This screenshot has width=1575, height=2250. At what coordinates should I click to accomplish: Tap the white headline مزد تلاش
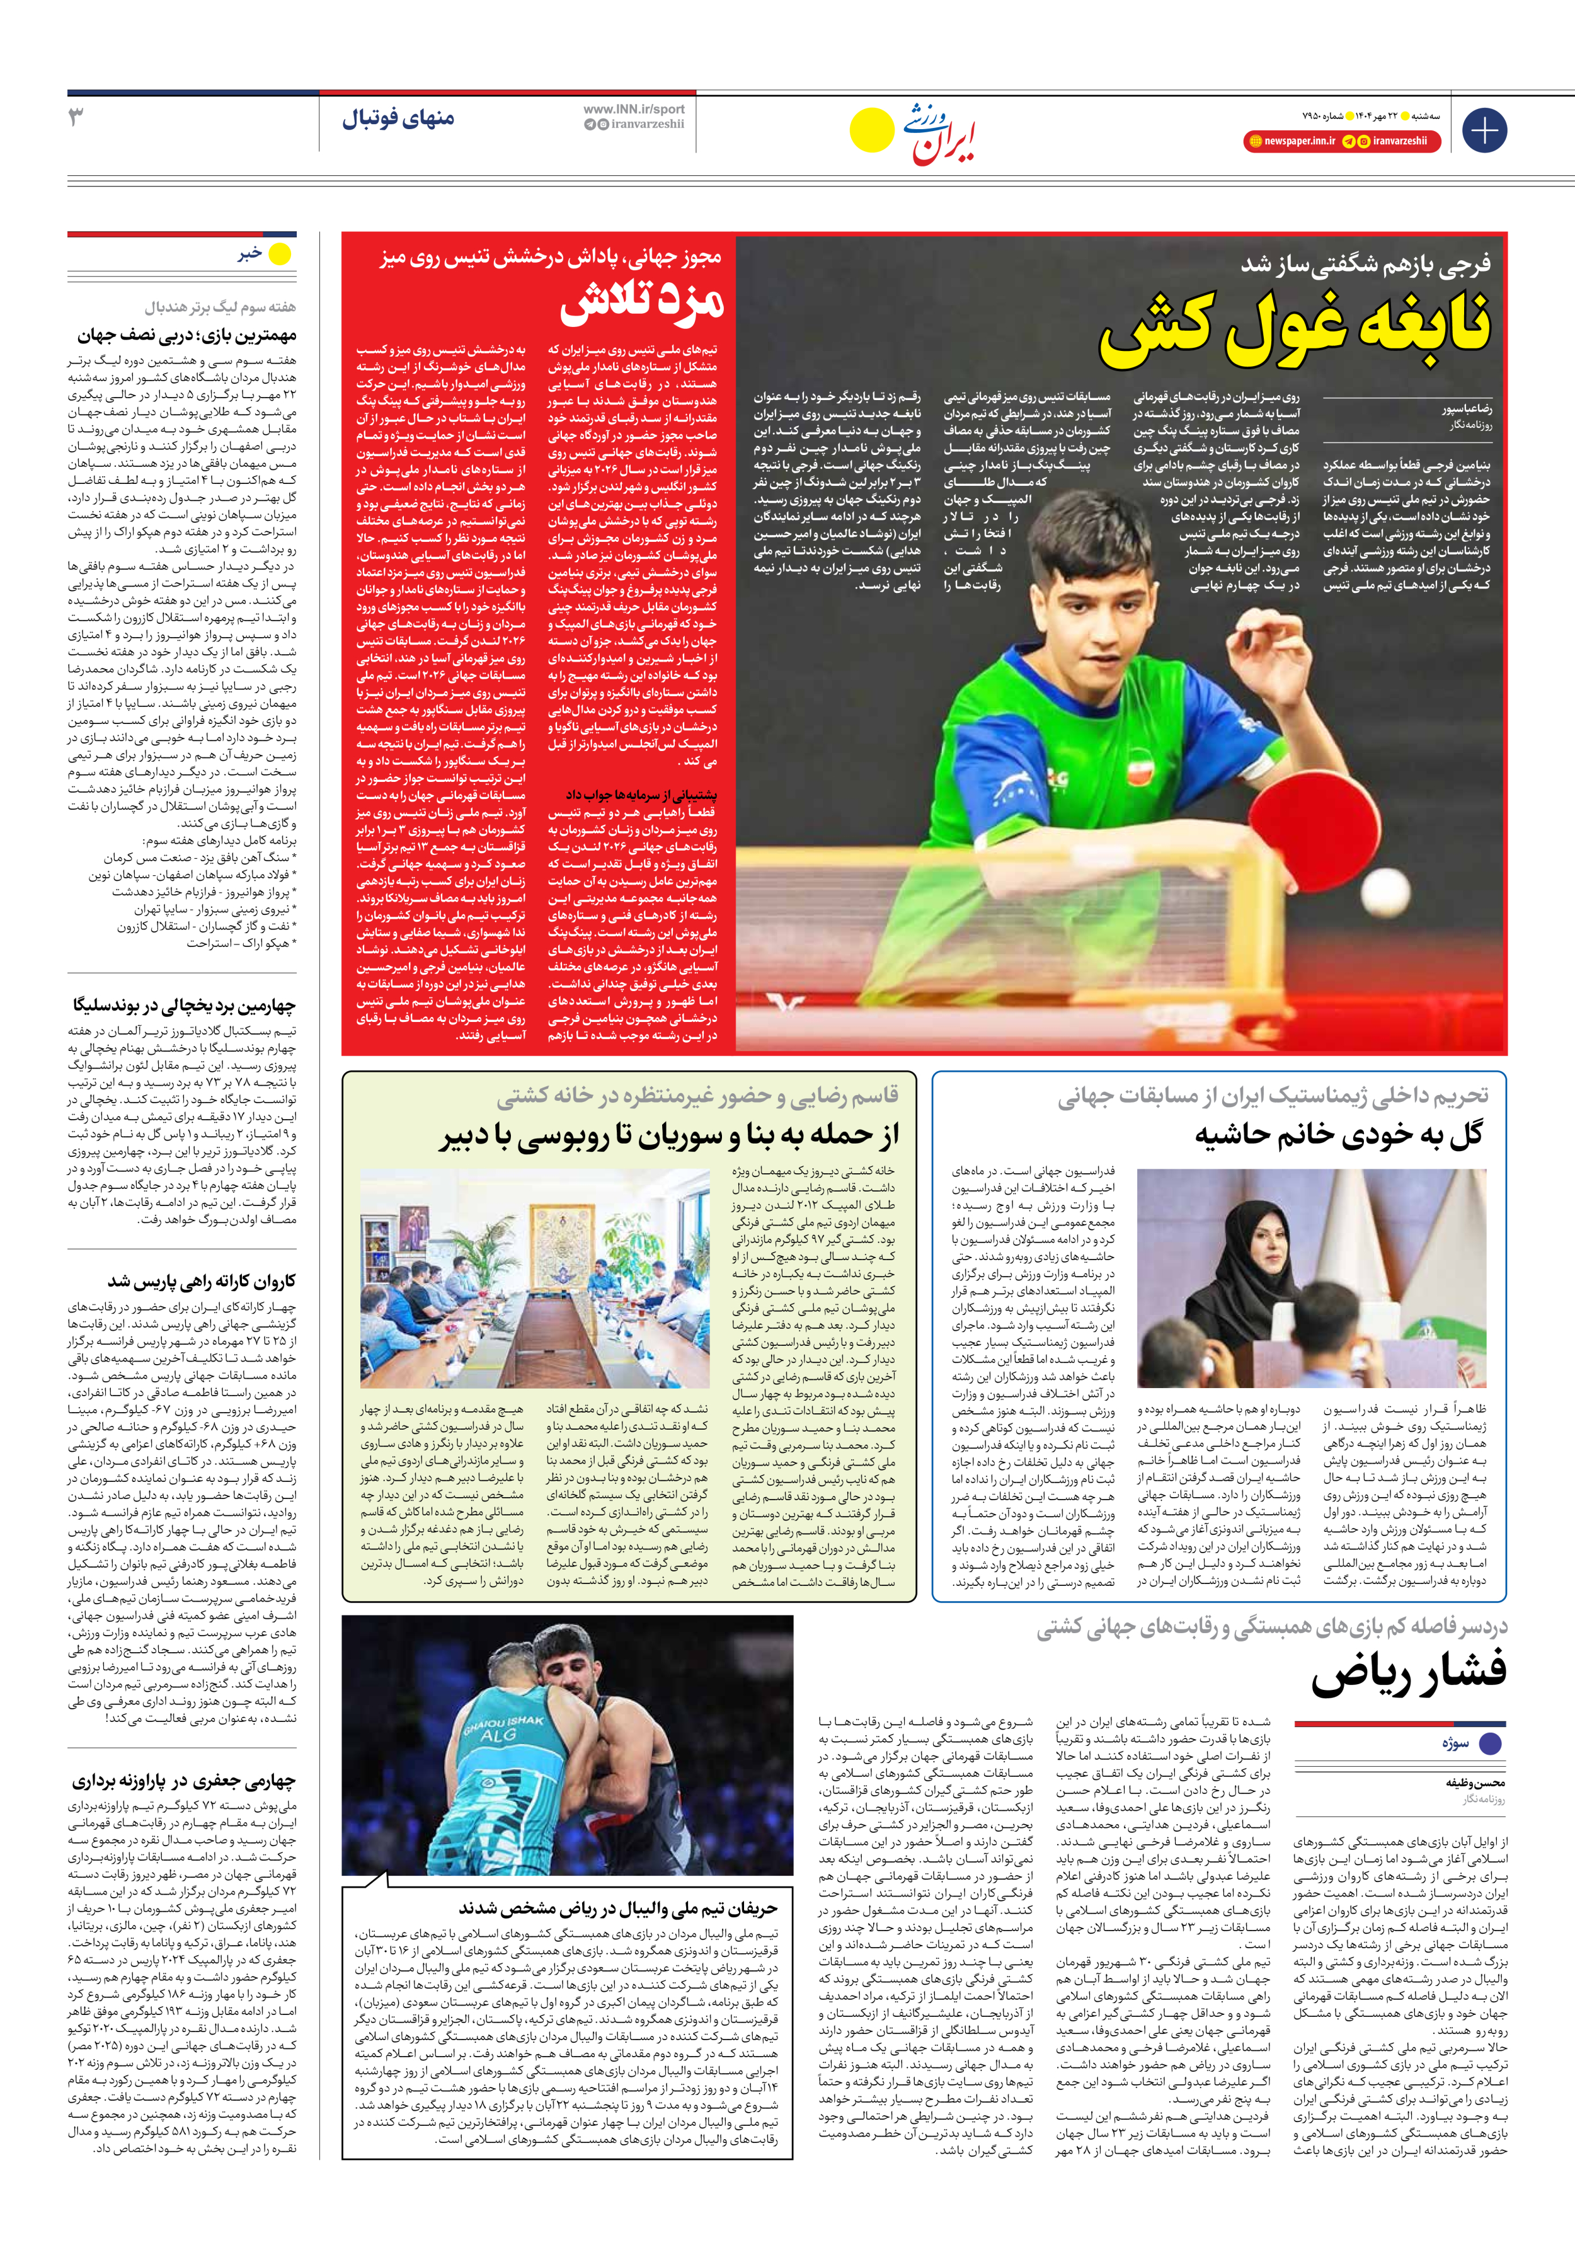[x=642, y=304]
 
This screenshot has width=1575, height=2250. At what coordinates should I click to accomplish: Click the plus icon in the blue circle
[x=1484, y=130]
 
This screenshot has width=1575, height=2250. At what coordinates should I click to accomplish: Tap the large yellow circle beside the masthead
[x=871, y=130]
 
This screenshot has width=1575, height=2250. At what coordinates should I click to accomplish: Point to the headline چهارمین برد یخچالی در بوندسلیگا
[x=183, y=1006]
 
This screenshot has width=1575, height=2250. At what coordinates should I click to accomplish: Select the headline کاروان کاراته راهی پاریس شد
[x=201, y=1281]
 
